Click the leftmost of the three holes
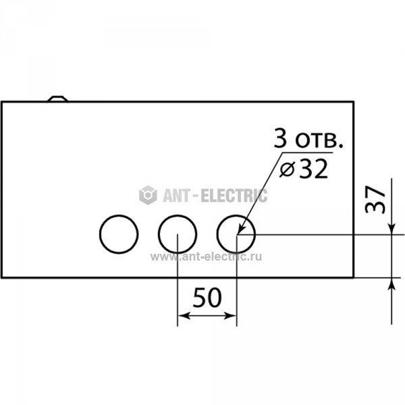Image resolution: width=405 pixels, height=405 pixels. (99, 234)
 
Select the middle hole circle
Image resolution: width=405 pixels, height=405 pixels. (158, 234)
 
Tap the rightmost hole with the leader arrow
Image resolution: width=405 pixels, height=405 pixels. (217, 234)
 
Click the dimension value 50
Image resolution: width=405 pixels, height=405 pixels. (207, 298)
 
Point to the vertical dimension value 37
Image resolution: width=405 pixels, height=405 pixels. (375, 199)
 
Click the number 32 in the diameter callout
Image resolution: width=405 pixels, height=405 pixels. (313, 169)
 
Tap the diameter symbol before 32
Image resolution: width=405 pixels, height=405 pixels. (288, 171)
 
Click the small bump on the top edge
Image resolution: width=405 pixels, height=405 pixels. (57, 99)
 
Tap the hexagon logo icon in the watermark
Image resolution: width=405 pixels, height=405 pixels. (148, 195)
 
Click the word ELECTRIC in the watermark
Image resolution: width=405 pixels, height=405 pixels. (234, 195)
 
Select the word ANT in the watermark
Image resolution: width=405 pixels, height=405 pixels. (177, 195)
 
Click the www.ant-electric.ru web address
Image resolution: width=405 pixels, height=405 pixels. (206, 256)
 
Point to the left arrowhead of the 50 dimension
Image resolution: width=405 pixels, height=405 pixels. (184, 315)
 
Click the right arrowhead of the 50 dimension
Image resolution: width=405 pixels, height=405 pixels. (230, 315)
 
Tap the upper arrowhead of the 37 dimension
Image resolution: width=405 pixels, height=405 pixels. (391, 228)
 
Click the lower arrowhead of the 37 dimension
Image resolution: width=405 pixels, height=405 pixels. (391, 284)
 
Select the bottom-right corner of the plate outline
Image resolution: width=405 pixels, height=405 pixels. (354, 278)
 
